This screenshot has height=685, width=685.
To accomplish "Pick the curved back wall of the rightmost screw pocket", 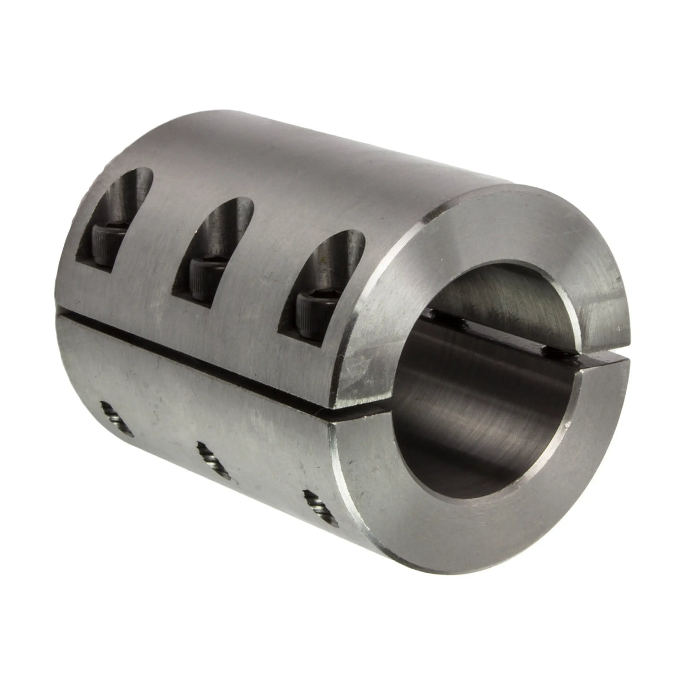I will click(x=333, y=254).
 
